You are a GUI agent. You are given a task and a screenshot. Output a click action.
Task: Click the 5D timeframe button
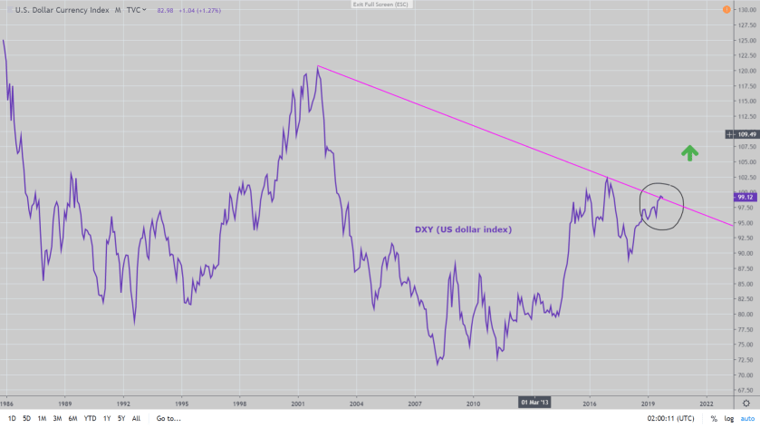coord(25,418)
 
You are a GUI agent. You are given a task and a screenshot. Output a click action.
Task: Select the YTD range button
coord(90,418)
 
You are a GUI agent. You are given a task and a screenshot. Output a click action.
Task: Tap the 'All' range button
coord(136,418)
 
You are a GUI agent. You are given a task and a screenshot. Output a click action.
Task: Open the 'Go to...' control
coord(169,418)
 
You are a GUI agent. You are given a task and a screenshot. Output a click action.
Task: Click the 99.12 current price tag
coord(746,196)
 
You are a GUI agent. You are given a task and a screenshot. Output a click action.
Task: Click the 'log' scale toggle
coord(729,418)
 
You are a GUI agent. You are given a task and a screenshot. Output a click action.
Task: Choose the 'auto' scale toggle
coord(747,418)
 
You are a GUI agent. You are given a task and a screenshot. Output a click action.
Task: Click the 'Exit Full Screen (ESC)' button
coord(378,5)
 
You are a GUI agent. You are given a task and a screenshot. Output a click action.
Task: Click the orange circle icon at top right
coord(726,10)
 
